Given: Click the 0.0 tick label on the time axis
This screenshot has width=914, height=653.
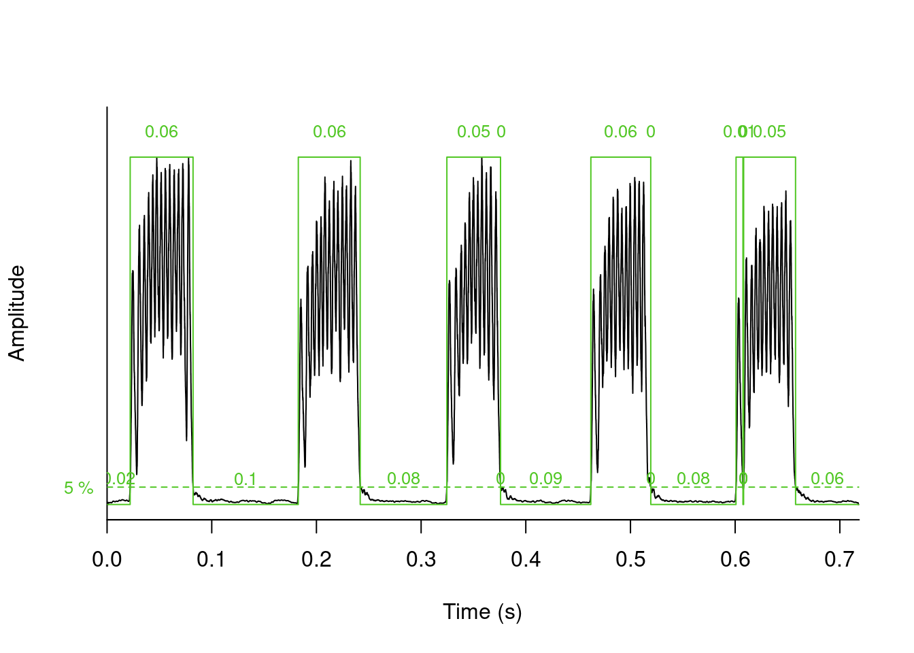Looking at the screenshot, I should [x=107, y=560].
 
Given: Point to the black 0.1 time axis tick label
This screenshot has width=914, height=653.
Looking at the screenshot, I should [x=211, y=560].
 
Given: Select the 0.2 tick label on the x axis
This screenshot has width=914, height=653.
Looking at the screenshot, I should [x=316, y=560].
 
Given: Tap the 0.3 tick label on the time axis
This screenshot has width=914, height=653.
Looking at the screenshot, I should [x=421, y=560].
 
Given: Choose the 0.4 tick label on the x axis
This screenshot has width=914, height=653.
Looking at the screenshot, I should [x=526, y=560].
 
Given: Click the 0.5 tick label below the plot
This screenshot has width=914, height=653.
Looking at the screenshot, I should [x=630, y=560].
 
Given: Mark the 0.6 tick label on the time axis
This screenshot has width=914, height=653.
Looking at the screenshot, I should [x=735, y=560].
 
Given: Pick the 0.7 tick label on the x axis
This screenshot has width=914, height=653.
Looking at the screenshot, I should [x=840, y=560].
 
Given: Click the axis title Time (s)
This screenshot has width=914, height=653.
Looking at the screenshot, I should [x=482, y=612].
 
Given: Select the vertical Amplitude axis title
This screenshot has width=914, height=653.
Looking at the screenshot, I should [x=17, y=313].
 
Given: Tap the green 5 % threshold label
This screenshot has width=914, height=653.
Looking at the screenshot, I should [x=79, y=488].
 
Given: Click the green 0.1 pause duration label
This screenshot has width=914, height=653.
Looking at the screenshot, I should [x=245, y=479].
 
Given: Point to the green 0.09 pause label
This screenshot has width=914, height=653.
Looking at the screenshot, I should [x=545, y=478].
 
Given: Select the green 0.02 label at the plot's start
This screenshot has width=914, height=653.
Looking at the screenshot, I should [x=120, y=478].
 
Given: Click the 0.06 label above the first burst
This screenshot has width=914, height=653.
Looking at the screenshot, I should [x=161, y=131].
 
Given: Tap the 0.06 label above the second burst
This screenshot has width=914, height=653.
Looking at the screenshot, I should [x=329, y=131].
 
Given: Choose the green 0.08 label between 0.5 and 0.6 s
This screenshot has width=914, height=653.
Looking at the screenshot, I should [x=693, y=478].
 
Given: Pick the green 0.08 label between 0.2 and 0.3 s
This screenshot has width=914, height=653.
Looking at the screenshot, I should [x=403, y=478].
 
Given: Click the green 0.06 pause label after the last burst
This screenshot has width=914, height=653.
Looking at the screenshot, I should [x=827, y=478].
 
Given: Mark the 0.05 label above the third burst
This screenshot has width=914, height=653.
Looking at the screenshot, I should [x=473, y=131].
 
